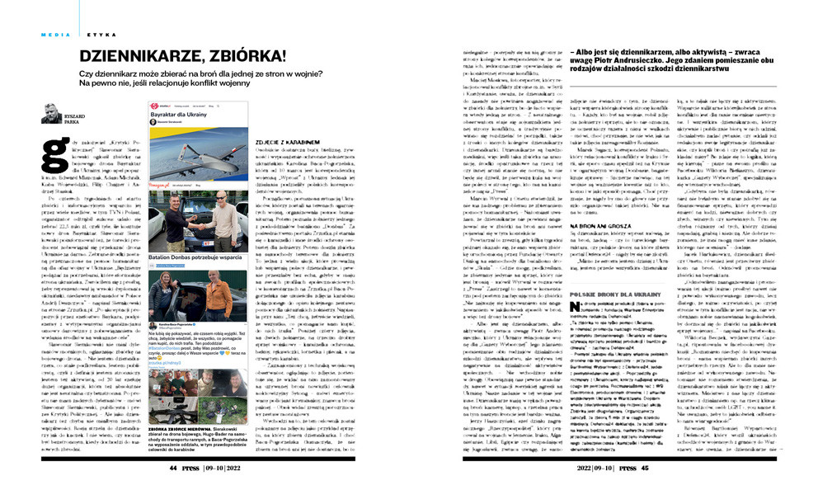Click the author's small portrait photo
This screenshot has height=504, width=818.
tap(52, 113)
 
